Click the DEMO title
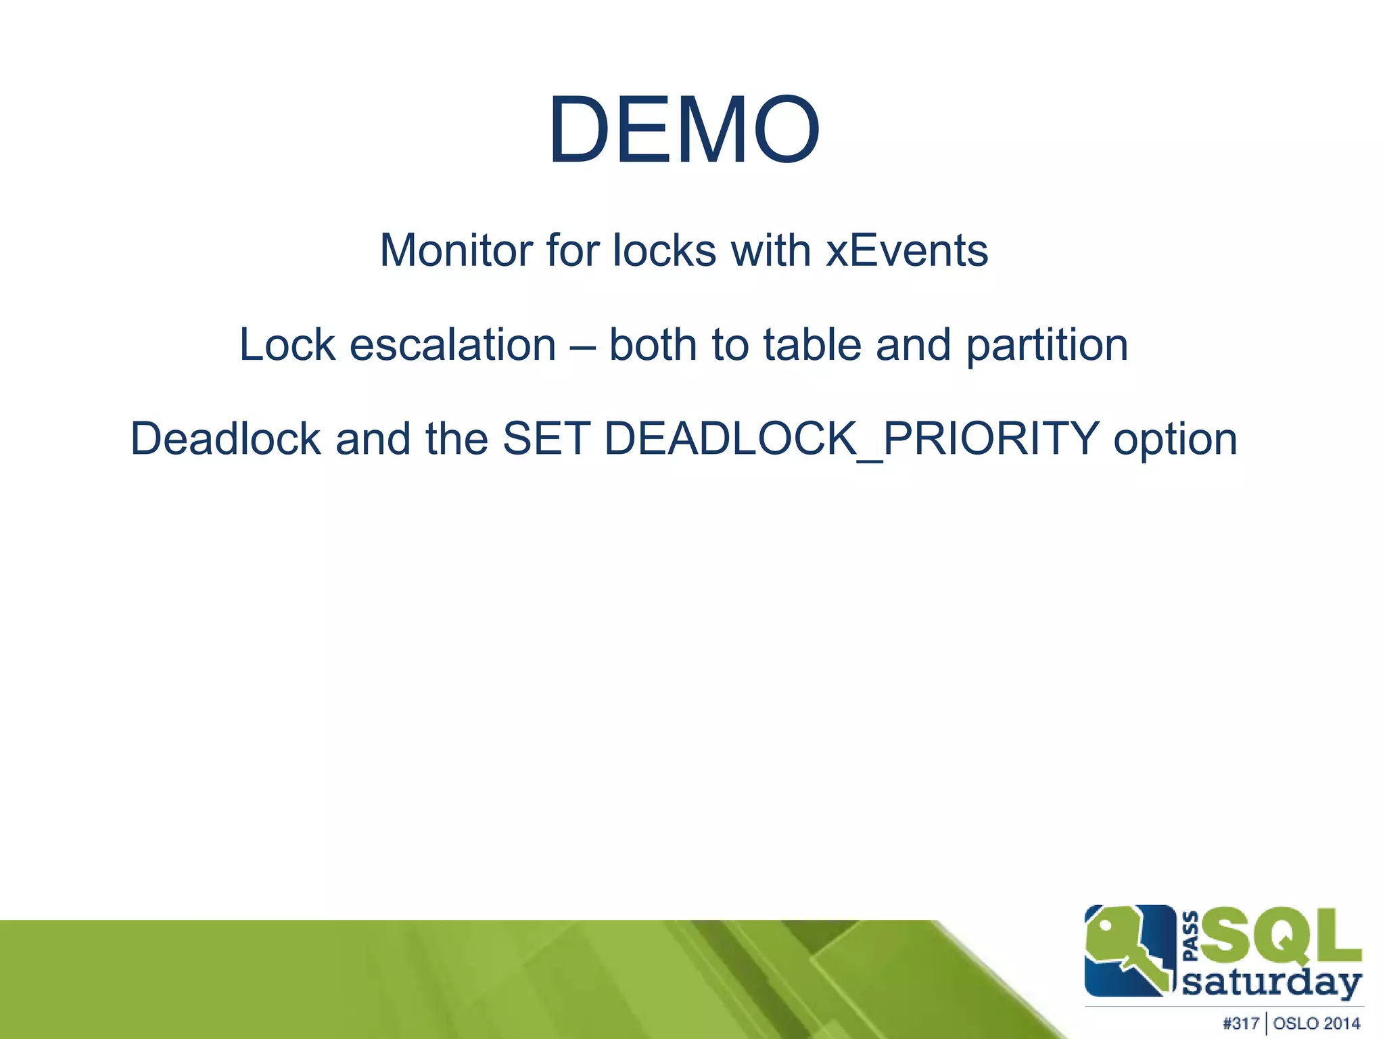[x=684, y=130]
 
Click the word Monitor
[x=456, y=250]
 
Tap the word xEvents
[x=907, y=250]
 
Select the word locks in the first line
[x=664, y=250]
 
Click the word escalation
[x=453, y=345]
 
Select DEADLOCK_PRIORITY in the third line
[x=852, y=439]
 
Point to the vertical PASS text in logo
[x=1191, y=936]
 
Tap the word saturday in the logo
[x=1271, y=982]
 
